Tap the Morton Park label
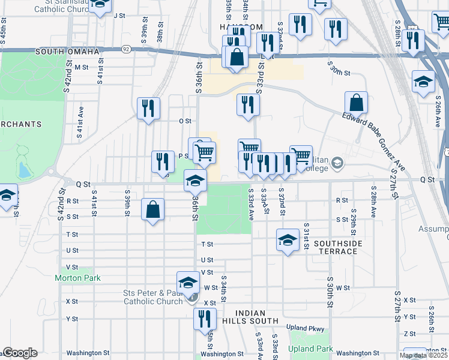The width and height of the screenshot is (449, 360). click(77, 278)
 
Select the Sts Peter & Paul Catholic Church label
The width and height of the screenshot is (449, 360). click(153, 297)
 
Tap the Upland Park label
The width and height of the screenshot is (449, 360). click(310, 349)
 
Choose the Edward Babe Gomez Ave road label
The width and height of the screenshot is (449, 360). click(374, 140)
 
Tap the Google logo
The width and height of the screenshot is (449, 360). click(20, 353)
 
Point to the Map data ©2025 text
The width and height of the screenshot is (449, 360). click(423, 355)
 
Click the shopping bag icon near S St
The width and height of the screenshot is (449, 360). click(153, 210)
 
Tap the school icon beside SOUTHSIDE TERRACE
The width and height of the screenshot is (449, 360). click(288, 240)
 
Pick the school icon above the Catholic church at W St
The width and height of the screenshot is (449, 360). click(188, 283)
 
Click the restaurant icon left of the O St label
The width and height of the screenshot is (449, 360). click(148, 109)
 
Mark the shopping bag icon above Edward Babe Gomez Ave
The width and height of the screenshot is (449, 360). click(357, 103)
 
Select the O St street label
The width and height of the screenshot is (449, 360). click(185, 121)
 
